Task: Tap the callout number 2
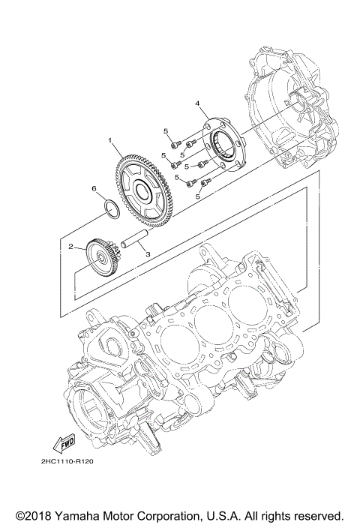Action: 70,246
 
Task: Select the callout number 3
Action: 148,255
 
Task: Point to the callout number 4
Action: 197,103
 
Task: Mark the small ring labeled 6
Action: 109,207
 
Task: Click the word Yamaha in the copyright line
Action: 82,516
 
